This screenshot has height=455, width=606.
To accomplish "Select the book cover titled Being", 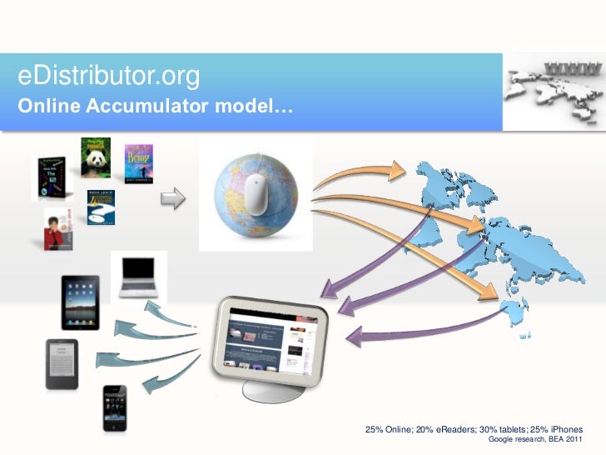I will point(138,164).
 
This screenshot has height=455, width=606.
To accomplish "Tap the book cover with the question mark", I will point(102,208).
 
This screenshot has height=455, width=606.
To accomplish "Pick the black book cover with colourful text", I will point(47,177).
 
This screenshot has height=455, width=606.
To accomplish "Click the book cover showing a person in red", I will point(58,228).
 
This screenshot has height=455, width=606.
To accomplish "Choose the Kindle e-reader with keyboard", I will point(62,364).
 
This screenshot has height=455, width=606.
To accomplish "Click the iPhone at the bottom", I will point(114,407).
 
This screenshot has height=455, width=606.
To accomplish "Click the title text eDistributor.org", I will point(109,77).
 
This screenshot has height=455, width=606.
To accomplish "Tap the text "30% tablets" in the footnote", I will point(497,429).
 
